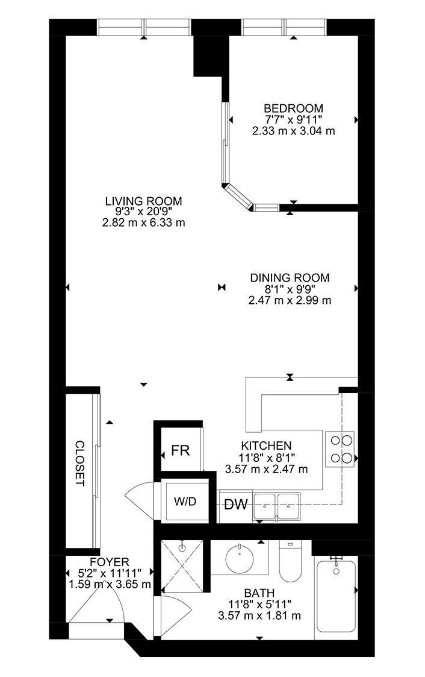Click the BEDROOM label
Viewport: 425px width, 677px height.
point(293,108)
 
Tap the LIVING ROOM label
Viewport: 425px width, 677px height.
point(143,201)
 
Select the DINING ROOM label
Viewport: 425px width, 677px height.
point(290,278)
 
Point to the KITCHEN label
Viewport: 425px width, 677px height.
point(266,446)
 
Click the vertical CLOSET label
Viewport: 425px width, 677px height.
point(79,463)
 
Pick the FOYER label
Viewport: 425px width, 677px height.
point(110,562)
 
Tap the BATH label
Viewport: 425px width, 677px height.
point(259,593)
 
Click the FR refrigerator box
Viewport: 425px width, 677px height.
point(180,450)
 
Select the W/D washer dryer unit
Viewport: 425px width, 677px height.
point(185,501)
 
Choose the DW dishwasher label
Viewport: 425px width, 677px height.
point(236,504)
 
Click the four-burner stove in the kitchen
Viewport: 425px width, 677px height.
point(340,449)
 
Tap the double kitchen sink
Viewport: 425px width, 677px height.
point(277,506)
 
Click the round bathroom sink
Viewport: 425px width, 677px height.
point(239,558)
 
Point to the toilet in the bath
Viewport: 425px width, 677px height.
point(291,561)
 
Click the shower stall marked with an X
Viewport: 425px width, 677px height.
point(182,566)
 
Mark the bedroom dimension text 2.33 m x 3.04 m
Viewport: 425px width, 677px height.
point(293,130)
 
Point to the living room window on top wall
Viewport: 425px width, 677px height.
point(143,27)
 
